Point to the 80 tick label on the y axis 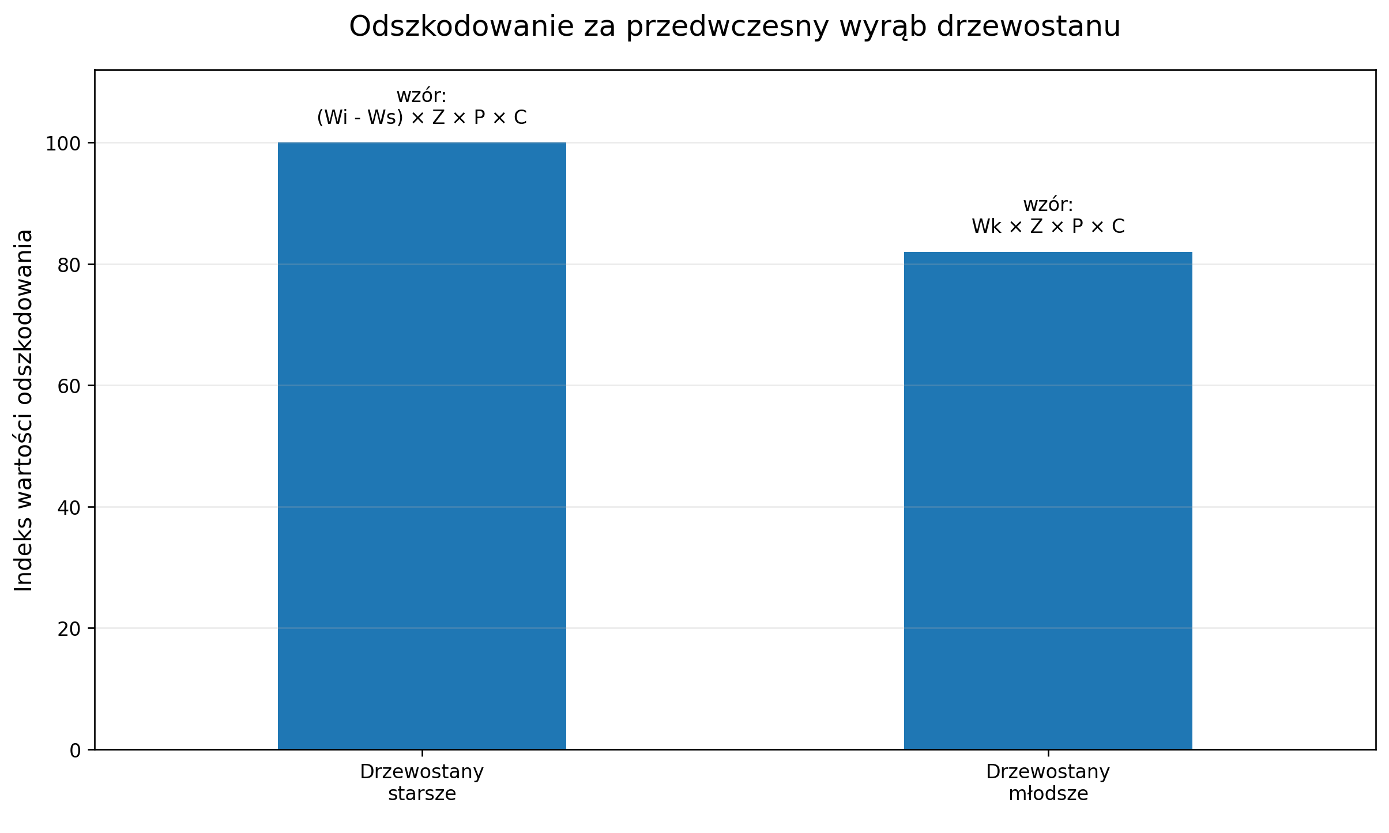(69, 265)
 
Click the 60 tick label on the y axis (69, 386)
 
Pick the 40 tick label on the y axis (69, 508)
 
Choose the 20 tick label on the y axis (69, 629)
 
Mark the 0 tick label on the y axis (75, 751)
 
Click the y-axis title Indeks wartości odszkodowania (24, 410)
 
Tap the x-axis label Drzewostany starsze (421, 782)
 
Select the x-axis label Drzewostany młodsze (1048, 782)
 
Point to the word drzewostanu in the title (1028, 27)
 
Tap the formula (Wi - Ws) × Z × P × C (421, 118)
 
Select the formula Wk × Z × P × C (1048, 227)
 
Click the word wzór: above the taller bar (421, 96)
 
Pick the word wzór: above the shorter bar (1048, 205)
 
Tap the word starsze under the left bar (421, 794)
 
